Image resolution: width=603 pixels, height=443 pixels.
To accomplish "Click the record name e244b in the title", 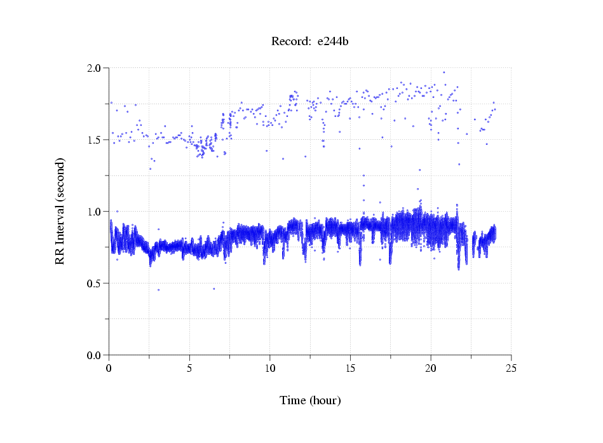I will [334, 42].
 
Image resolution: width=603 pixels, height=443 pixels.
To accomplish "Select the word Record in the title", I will [290, 42].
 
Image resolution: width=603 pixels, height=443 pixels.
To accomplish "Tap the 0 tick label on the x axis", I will [109, 369].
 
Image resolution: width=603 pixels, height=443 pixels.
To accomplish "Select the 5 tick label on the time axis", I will [189, 369].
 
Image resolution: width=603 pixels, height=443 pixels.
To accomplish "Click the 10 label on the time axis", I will [270, 369].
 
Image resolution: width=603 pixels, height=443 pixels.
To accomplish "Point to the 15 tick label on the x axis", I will [351, 369].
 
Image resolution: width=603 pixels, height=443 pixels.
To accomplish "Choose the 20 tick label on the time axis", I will [431, 369].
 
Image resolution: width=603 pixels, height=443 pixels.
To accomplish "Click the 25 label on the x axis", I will [512, 369].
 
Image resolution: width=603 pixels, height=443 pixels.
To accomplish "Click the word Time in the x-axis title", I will [293, 400].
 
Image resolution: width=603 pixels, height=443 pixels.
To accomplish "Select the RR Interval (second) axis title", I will [60, 211].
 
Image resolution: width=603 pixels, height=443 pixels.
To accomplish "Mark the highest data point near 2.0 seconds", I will [444, 72].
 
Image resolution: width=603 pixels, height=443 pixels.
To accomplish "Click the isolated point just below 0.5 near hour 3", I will [159, 290].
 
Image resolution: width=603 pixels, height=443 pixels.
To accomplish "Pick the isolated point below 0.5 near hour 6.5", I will [213, 289].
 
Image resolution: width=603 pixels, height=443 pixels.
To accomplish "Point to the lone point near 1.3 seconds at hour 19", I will [419, 170].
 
